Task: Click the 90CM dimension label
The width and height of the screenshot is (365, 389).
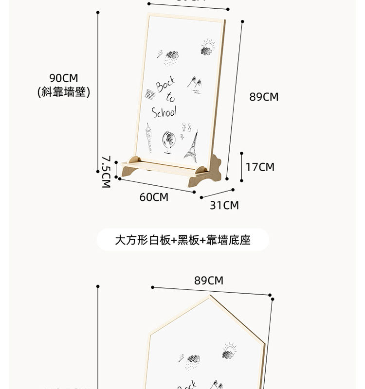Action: [63, 78]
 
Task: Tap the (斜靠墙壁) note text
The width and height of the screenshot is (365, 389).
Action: [64, 92]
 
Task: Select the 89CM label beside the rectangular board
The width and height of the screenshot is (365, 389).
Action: [264, 97]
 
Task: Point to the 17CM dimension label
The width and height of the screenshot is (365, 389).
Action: [260, 167]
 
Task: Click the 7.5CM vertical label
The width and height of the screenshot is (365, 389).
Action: [106, 172]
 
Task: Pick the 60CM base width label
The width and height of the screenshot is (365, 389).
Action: [154, 197]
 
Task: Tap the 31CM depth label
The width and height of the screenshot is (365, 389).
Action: [224, 205]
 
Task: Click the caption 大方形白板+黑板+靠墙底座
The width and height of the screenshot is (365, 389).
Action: [182, 240]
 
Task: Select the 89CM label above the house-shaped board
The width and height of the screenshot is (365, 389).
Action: [208, 281]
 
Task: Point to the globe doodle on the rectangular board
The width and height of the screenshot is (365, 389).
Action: [168, 141]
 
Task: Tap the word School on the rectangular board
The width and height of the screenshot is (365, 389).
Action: [164, 112]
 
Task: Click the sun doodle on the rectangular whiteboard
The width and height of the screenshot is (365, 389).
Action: [208, 48]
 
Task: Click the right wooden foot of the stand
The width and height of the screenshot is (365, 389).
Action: [208, 173]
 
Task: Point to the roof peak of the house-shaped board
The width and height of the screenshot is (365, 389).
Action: [211, 296]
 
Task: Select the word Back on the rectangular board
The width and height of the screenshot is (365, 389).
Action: [165, 85]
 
